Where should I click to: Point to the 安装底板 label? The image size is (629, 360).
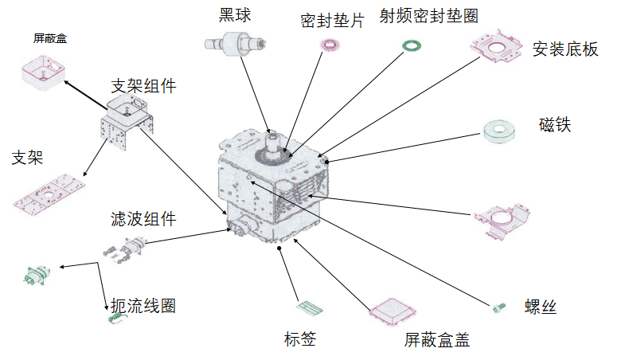[x=565, y=49]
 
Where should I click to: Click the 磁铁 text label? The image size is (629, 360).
[x=555, y=125]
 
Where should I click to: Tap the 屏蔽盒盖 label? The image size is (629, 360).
[x=436, y=340]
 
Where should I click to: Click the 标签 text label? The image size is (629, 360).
[x=300, y=339]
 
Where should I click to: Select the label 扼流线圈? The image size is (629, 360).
[x=143, y=305]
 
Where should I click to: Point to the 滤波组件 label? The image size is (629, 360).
[x=143, y=218]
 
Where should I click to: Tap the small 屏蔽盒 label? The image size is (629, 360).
[x=49, y=37]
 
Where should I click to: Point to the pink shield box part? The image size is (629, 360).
[x=43, y=71]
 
